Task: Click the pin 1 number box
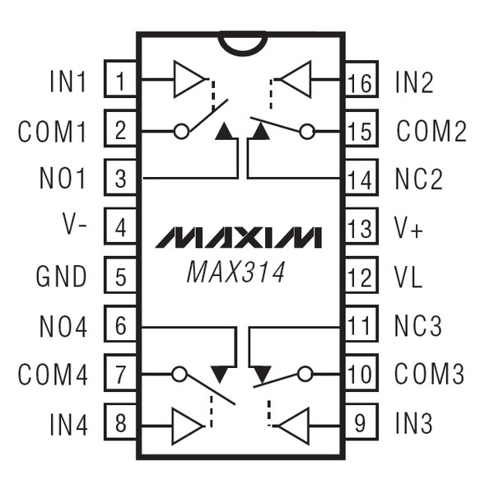coord(121,81)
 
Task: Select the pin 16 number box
coord(361,81)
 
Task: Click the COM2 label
coord(431,131)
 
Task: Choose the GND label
coord(62,277)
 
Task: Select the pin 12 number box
coord(361,277)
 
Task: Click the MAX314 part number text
coord(235,272)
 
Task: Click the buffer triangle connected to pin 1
coord(188,80)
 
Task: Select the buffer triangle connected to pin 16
coord(296,80)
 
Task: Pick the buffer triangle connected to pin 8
coord(187,425)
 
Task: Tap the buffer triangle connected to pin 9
coord(294,425)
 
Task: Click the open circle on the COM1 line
coord(181,130)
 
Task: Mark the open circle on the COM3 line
coord(305,375)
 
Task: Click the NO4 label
coord(63,326)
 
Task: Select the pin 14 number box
coord(361,179)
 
